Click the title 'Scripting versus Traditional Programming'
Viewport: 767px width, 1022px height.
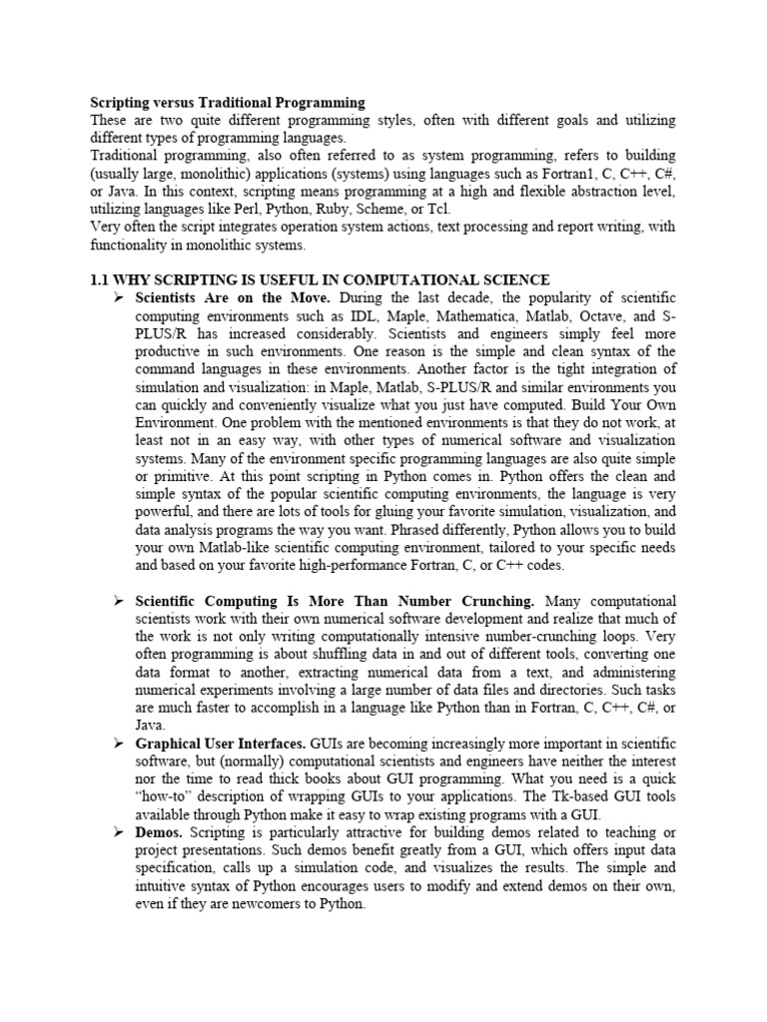tap(228, 102)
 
